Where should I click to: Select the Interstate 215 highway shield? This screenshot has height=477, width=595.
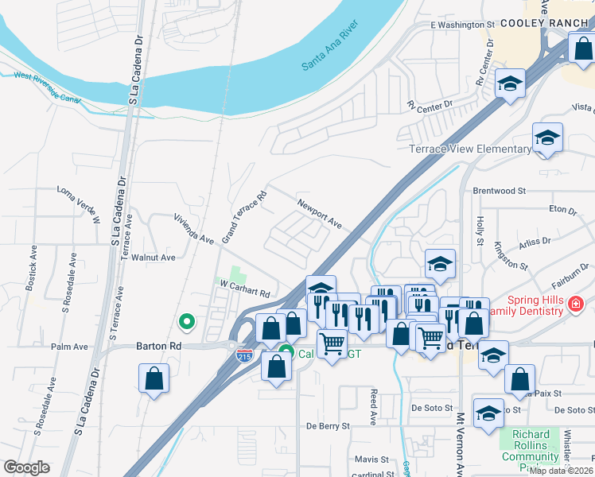tap(245, 355)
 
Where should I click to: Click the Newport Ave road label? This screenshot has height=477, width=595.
tap(320, 215)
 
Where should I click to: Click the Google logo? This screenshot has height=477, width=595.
tap(25, 467)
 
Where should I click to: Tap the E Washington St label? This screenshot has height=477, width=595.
tap(457, 25)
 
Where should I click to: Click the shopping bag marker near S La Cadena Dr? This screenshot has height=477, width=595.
tap(154, 378)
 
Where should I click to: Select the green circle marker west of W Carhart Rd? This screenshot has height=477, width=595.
tap(187, 321)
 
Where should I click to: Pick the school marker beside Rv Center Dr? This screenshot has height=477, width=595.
tap(509, 83)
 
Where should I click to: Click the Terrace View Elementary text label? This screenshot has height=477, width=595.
tap(469, 149)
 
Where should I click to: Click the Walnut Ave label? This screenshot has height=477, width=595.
tap(153, 258)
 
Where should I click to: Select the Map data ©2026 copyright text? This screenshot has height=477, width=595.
tap(561, 470)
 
